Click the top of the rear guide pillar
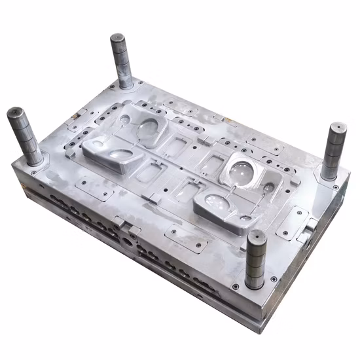pyautogui.click(x=118, y=38)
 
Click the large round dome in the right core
pyautogui.click(x=240, y=171)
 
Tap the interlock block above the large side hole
pyautogui.click(x=130, y=228)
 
